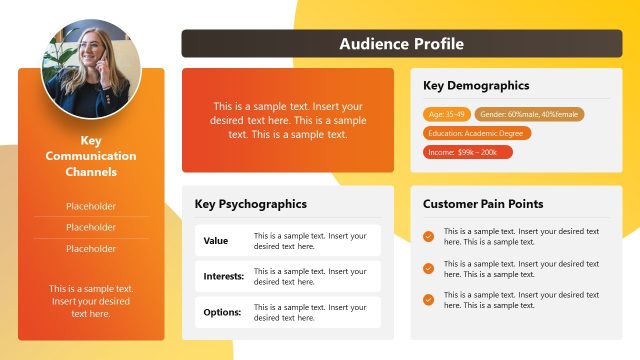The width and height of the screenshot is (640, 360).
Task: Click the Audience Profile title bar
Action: pyautogui.click(x=401, y=43)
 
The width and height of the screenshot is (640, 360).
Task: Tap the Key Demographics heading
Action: pyautogui.click(x=476, y=86)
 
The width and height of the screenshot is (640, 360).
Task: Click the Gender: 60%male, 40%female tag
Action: pyautogui.click(x=529, y=115)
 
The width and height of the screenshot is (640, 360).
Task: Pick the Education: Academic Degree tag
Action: pyautogui.click(x=477, y=133)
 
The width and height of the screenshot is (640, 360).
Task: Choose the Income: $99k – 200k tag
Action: pyautogui.click(x=468, y=152)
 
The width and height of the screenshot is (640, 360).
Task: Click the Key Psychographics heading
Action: pyautogui.click(x=250, y=204)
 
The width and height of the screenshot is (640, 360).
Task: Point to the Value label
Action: pyautogui.click(x=216, y=241)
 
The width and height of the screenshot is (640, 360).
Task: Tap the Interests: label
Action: pyautogui.click(x=222, y=276)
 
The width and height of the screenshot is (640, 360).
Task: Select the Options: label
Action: pyautogui.click(x=222, y=312)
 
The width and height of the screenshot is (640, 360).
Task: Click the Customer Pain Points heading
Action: pyautogui.click(x=483, y=204)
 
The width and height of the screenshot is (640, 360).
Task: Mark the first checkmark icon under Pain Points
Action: pyautogui.click(x=428, y=237)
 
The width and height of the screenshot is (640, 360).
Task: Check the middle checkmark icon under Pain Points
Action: pyautogui.click(x=428, y=268)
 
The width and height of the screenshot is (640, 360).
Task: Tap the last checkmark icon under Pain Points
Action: pyautogui.click(x=428, y=299)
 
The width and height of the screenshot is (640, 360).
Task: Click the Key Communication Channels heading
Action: pyautogui.click(x=91, y=156)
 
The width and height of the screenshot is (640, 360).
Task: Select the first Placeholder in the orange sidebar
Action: pyautogui.click(x=91, y=207)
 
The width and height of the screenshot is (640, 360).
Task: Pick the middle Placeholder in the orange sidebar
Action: pyautogui.click(x=91, y=227)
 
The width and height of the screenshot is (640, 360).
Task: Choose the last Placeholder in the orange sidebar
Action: pyautogui.click(x=91, y=248)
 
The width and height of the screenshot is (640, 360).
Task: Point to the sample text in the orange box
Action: pyautogui.click(x=288, y=120)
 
